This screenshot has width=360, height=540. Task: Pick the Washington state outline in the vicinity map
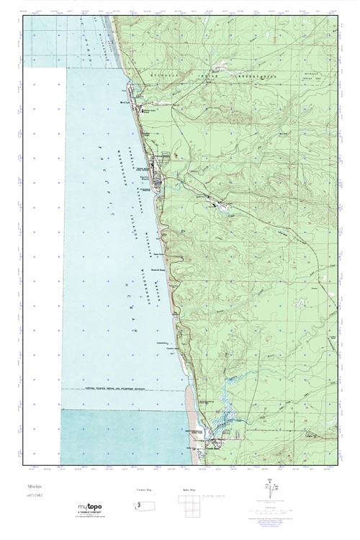click(143, 506)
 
